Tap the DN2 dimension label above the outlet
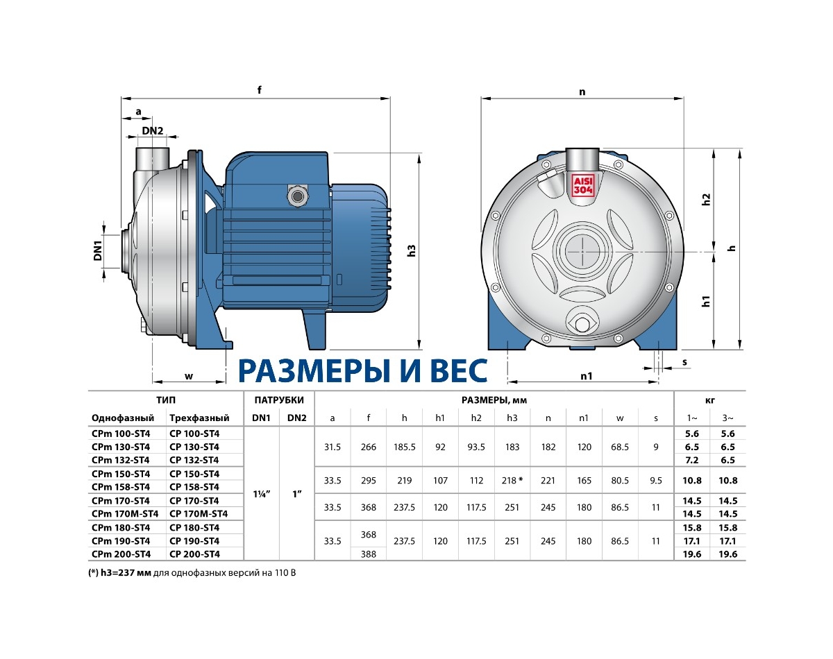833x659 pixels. tap(153, 131)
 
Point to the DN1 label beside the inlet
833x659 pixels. tap(98, 250)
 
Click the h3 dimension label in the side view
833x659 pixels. tap(412, 250)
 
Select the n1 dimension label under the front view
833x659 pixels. tap(587, 376)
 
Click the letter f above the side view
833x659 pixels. tap(260, 89)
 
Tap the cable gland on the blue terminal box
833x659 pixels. tap(298, 196)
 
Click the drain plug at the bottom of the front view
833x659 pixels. tap(582, 323)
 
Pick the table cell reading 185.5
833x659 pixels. tap(405, 447)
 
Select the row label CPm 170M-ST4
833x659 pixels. tap(125, 514)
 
